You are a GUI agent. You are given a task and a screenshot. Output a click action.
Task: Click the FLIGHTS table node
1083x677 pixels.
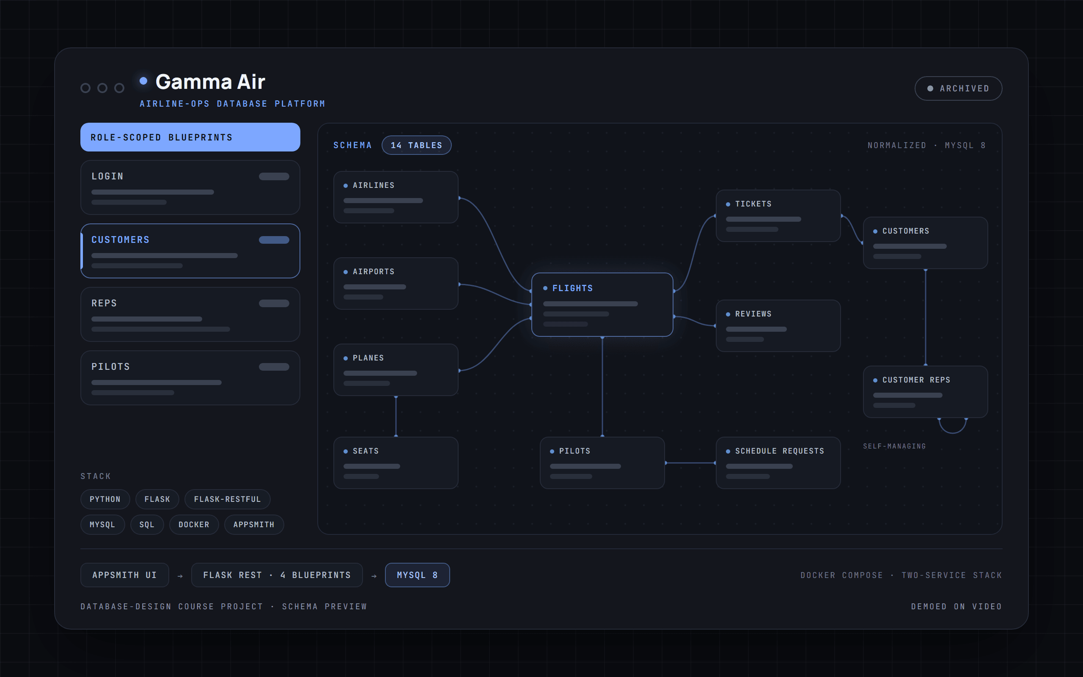pyautogui.click(x=602, y=305)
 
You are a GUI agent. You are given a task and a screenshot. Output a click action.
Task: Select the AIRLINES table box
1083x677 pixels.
pyautogui.click(x=396, y=197)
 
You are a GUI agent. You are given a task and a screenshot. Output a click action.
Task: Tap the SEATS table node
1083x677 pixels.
pyautogui.click(x=396, y=462)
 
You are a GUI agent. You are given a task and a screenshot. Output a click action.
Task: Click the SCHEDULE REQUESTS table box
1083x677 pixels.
pyautogui.click(x=778, y=462)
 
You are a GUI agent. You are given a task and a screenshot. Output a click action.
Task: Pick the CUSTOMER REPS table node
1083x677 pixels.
pyautogui.click(x=925, y=392)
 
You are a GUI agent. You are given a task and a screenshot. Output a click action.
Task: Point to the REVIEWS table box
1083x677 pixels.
pyautogui.click(x=778, y=325)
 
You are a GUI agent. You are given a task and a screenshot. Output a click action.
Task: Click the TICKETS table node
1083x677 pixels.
pyautogui.click(x=778, y=216)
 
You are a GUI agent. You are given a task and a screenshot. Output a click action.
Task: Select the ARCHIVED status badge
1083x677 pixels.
pyautogui.click(x=958, y=88)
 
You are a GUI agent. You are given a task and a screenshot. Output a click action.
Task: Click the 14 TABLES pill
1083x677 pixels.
pyautogui.click(x=416, y=145)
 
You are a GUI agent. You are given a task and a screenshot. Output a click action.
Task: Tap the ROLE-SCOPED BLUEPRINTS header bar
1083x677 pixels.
pyautogui.click(x=190, y=137)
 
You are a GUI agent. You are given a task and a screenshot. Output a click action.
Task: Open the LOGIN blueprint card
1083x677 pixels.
pyautogui.click(x=190, y=187)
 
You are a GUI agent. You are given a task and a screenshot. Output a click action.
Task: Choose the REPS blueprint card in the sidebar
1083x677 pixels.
pyautogui.click(x=190, y=314)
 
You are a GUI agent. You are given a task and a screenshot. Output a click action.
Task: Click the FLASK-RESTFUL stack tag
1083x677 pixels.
pyautogui.click(x=227, y=499)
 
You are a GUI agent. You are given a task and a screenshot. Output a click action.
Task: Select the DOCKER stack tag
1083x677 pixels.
pyautogui.click(x=194, y=524)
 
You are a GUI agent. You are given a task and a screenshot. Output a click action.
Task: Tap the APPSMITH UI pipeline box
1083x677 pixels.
pyautogui.click(x=124, y=575)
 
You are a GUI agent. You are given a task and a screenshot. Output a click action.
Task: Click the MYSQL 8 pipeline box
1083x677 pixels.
pyautogui.click(x=417, y=575)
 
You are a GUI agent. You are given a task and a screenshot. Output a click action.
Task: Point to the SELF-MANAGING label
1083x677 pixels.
pyautogui.click(x=894, y=446)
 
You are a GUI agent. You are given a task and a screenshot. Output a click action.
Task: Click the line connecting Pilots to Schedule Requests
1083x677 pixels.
pyautogui.click(x=690, y=463)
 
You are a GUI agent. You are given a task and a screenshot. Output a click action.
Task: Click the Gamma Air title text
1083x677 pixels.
pyautogui.click(x=210, y=82)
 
